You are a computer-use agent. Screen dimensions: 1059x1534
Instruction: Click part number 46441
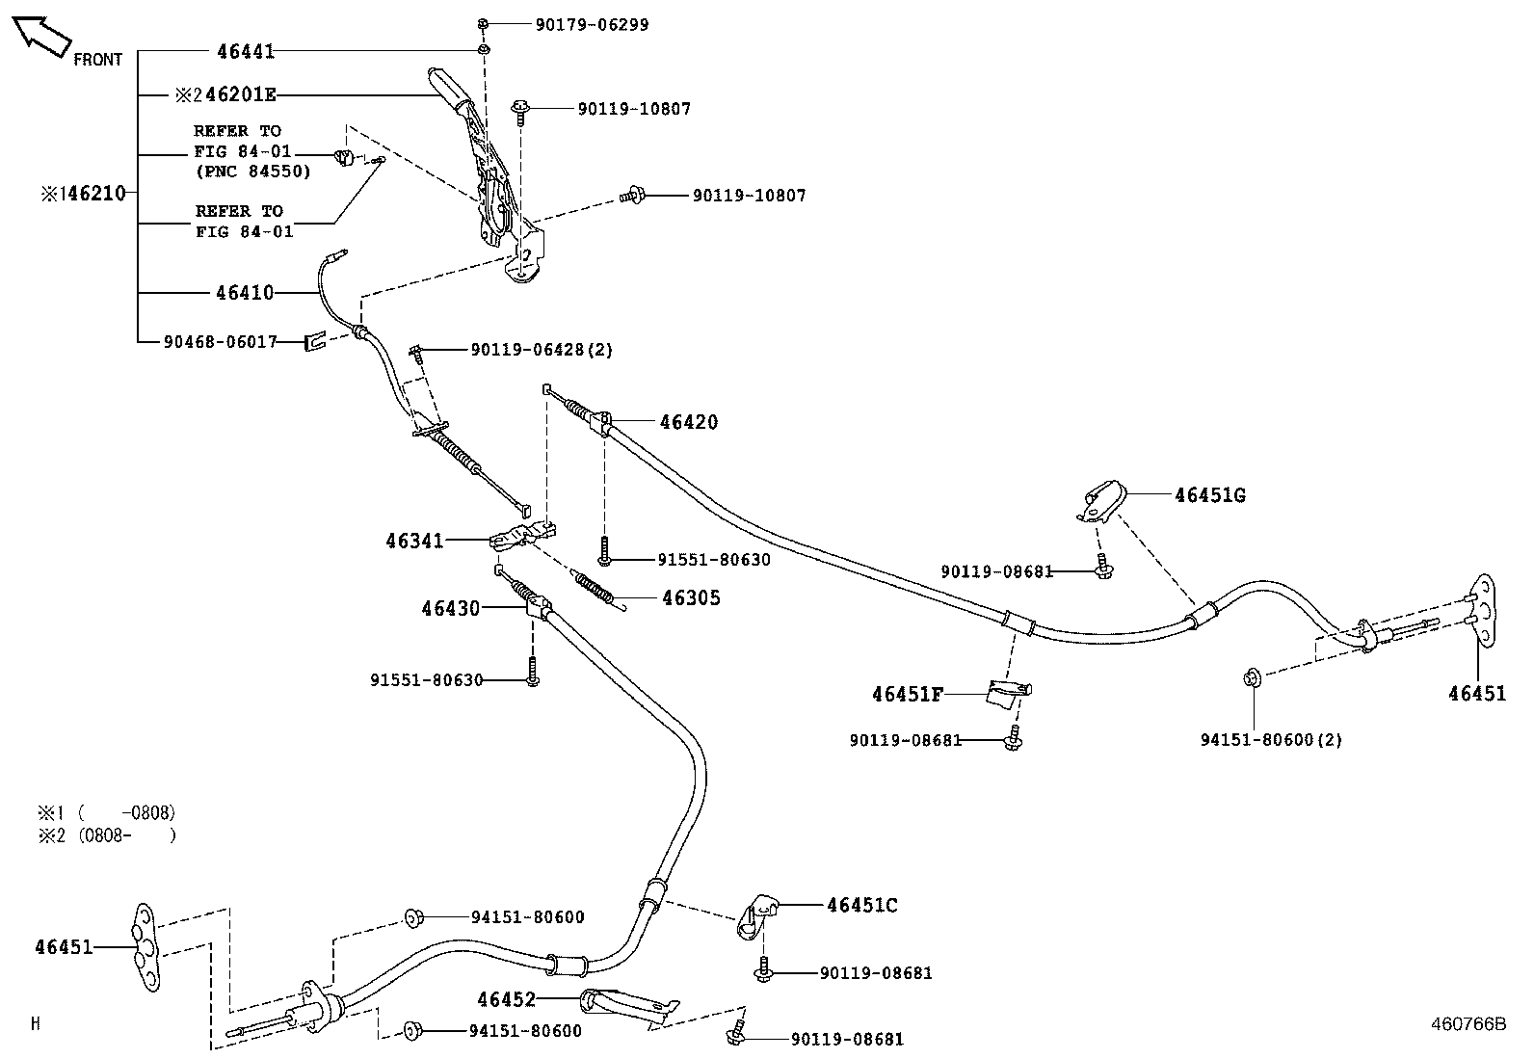point(246,51)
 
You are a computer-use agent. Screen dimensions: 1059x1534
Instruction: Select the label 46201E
point(241,94)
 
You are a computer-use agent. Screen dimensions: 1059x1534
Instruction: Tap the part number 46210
point(93,194)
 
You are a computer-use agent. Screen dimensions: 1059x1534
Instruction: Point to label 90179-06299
point(592,24)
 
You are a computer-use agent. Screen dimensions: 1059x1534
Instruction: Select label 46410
point(245,293)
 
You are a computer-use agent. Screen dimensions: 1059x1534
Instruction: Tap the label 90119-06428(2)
point(542,350)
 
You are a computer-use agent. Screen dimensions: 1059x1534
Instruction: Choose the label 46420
point(689,422)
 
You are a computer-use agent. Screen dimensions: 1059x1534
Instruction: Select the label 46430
point(450,608)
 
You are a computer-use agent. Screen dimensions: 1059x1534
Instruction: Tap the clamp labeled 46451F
point(1008,691)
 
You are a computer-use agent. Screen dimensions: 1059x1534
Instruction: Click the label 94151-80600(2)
point(1271,740)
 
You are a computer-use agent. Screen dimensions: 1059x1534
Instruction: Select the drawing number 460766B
point(1467,1024)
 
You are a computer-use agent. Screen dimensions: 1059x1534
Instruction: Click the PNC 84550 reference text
point(252,172)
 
